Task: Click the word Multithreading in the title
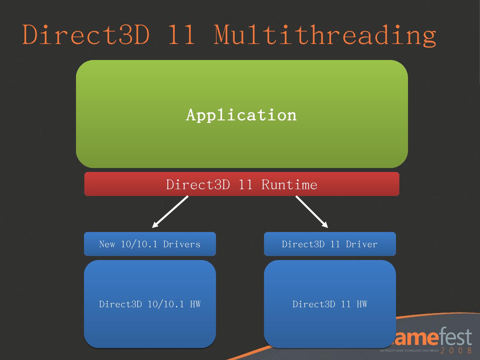[325, 35]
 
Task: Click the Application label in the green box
[241, 115]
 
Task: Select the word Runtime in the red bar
[289, 185]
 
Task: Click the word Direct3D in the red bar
[198, 185]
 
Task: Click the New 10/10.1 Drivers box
[150, 244]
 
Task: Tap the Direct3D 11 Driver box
[330, 244]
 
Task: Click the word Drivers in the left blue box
[182, 244]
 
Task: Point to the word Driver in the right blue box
[362, 244]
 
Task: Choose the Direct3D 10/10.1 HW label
[150, 304]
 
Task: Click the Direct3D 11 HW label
[330, 304]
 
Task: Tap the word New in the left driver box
[107, 244]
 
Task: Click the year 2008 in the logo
[456, 350]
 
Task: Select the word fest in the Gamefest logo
[455, 337]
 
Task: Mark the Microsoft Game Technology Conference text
[409, 351]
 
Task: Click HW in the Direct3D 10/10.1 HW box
[195, 304]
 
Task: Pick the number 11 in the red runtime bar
[246, 185]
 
